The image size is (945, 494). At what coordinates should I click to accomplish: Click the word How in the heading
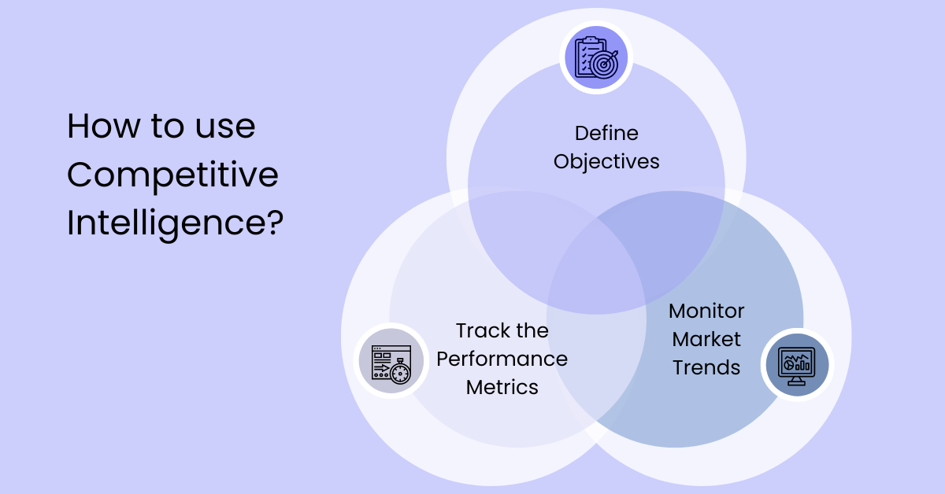[x=101, y=126]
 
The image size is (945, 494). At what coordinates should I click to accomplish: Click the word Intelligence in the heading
[x=164, y=223]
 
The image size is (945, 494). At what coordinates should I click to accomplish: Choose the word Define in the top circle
[x=606, y=133]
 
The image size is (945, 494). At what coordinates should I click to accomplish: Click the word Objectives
[x=606, y=162]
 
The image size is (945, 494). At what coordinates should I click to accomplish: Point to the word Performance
[x=502, y=359]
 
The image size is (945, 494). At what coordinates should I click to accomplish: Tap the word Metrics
[x=502, y=387]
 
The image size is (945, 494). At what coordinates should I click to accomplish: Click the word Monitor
[x=706, y=311]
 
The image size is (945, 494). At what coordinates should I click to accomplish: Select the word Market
[x=706, y=339]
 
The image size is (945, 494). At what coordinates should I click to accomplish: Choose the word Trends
[x=706, y=367]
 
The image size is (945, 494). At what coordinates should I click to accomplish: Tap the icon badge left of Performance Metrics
[x=391, y=362]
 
